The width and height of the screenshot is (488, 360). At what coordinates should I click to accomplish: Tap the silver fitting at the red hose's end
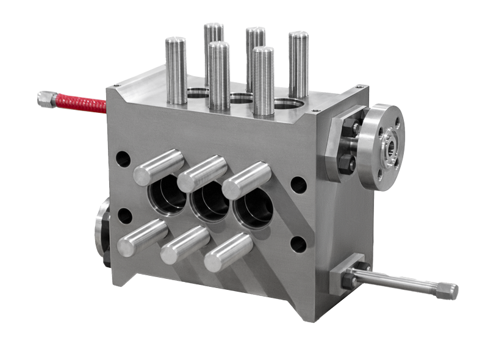tap(46, 98)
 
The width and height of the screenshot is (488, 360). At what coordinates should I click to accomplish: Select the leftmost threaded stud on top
tap(176, 70)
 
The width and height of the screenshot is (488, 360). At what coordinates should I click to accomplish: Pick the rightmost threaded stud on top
tap(298, 64)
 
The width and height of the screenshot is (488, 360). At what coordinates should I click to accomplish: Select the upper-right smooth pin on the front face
tap(246, 181)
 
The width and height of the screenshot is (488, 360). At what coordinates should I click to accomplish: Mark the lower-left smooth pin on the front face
tap(142, 238)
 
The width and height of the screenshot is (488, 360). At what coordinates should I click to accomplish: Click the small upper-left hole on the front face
tap(123, 160)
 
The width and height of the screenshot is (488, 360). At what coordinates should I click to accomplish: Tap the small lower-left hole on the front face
tap(125, 216)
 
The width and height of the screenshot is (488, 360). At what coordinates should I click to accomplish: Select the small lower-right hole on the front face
tap(298, 244)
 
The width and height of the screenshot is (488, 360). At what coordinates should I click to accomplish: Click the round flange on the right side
tap(381, 146)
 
